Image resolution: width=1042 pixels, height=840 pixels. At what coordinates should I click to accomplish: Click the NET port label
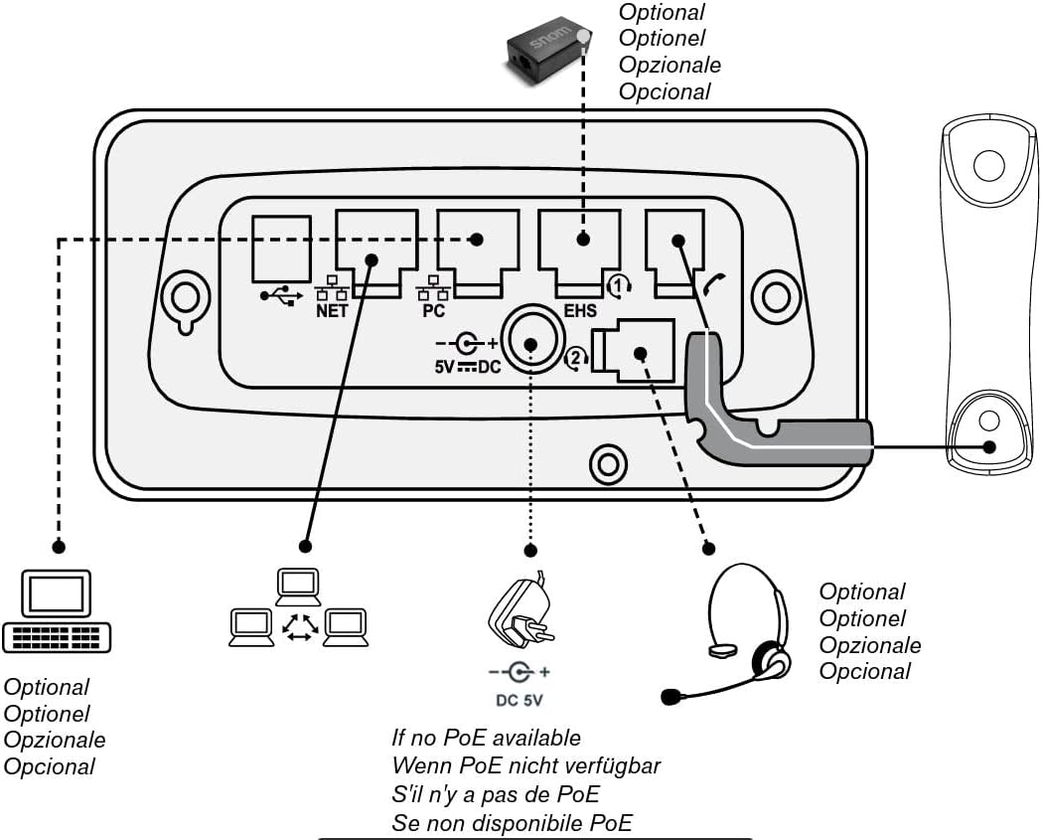(x=332, y=310)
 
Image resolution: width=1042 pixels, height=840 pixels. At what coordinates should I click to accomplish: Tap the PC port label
(x=433, y=310)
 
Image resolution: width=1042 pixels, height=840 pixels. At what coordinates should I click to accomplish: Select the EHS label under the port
(x=580, y=311)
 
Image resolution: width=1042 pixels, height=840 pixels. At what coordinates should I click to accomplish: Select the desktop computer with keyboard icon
(x=57, y=610)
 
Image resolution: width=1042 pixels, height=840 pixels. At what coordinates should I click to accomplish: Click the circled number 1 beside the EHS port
(x=620, y=286)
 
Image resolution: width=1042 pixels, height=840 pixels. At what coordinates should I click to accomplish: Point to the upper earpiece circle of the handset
(x=988, y=164)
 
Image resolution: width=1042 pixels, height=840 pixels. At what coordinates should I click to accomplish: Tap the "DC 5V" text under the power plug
(x=520, y=700)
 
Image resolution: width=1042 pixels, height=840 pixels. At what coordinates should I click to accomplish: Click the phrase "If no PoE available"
(x=487, y=738)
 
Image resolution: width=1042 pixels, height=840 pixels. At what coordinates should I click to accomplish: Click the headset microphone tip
(x=672, y=697)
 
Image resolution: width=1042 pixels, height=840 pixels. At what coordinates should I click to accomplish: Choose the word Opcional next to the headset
(x=864, y=671)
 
